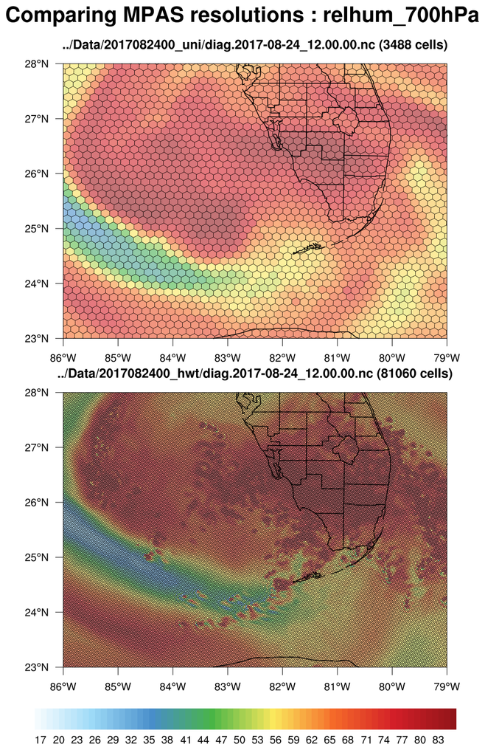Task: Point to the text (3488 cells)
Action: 413,46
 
